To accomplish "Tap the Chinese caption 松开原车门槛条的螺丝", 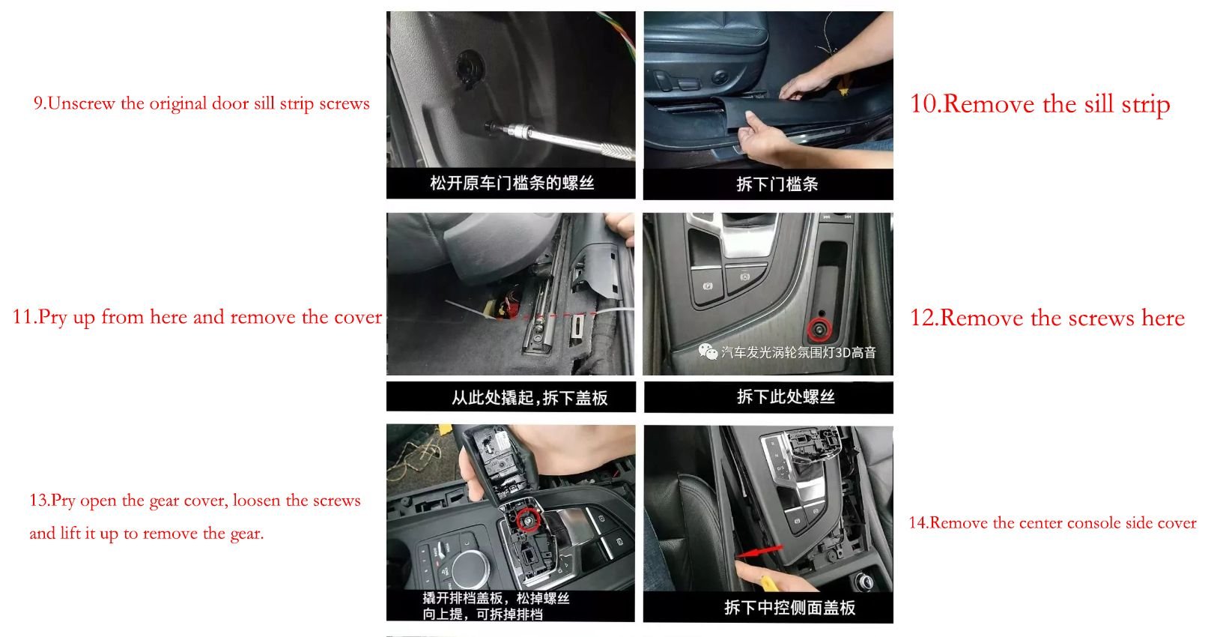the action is pos(512,183).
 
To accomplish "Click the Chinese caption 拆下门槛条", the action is pos(777,184).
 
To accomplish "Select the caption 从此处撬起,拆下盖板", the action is pos(529,398).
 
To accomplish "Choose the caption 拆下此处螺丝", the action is pos(786,396).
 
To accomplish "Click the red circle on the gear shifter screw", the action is pos(526,520).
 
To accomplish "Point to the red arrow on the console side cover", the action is pos(759,551).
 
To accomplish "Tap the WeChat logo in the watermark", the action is pos(708,351).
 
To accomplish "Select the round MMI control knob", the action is pos(470,569).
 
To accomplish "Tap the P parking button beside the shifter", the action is pos(708,286).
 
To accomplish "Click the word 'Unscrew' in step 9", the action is pos(82,103).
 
